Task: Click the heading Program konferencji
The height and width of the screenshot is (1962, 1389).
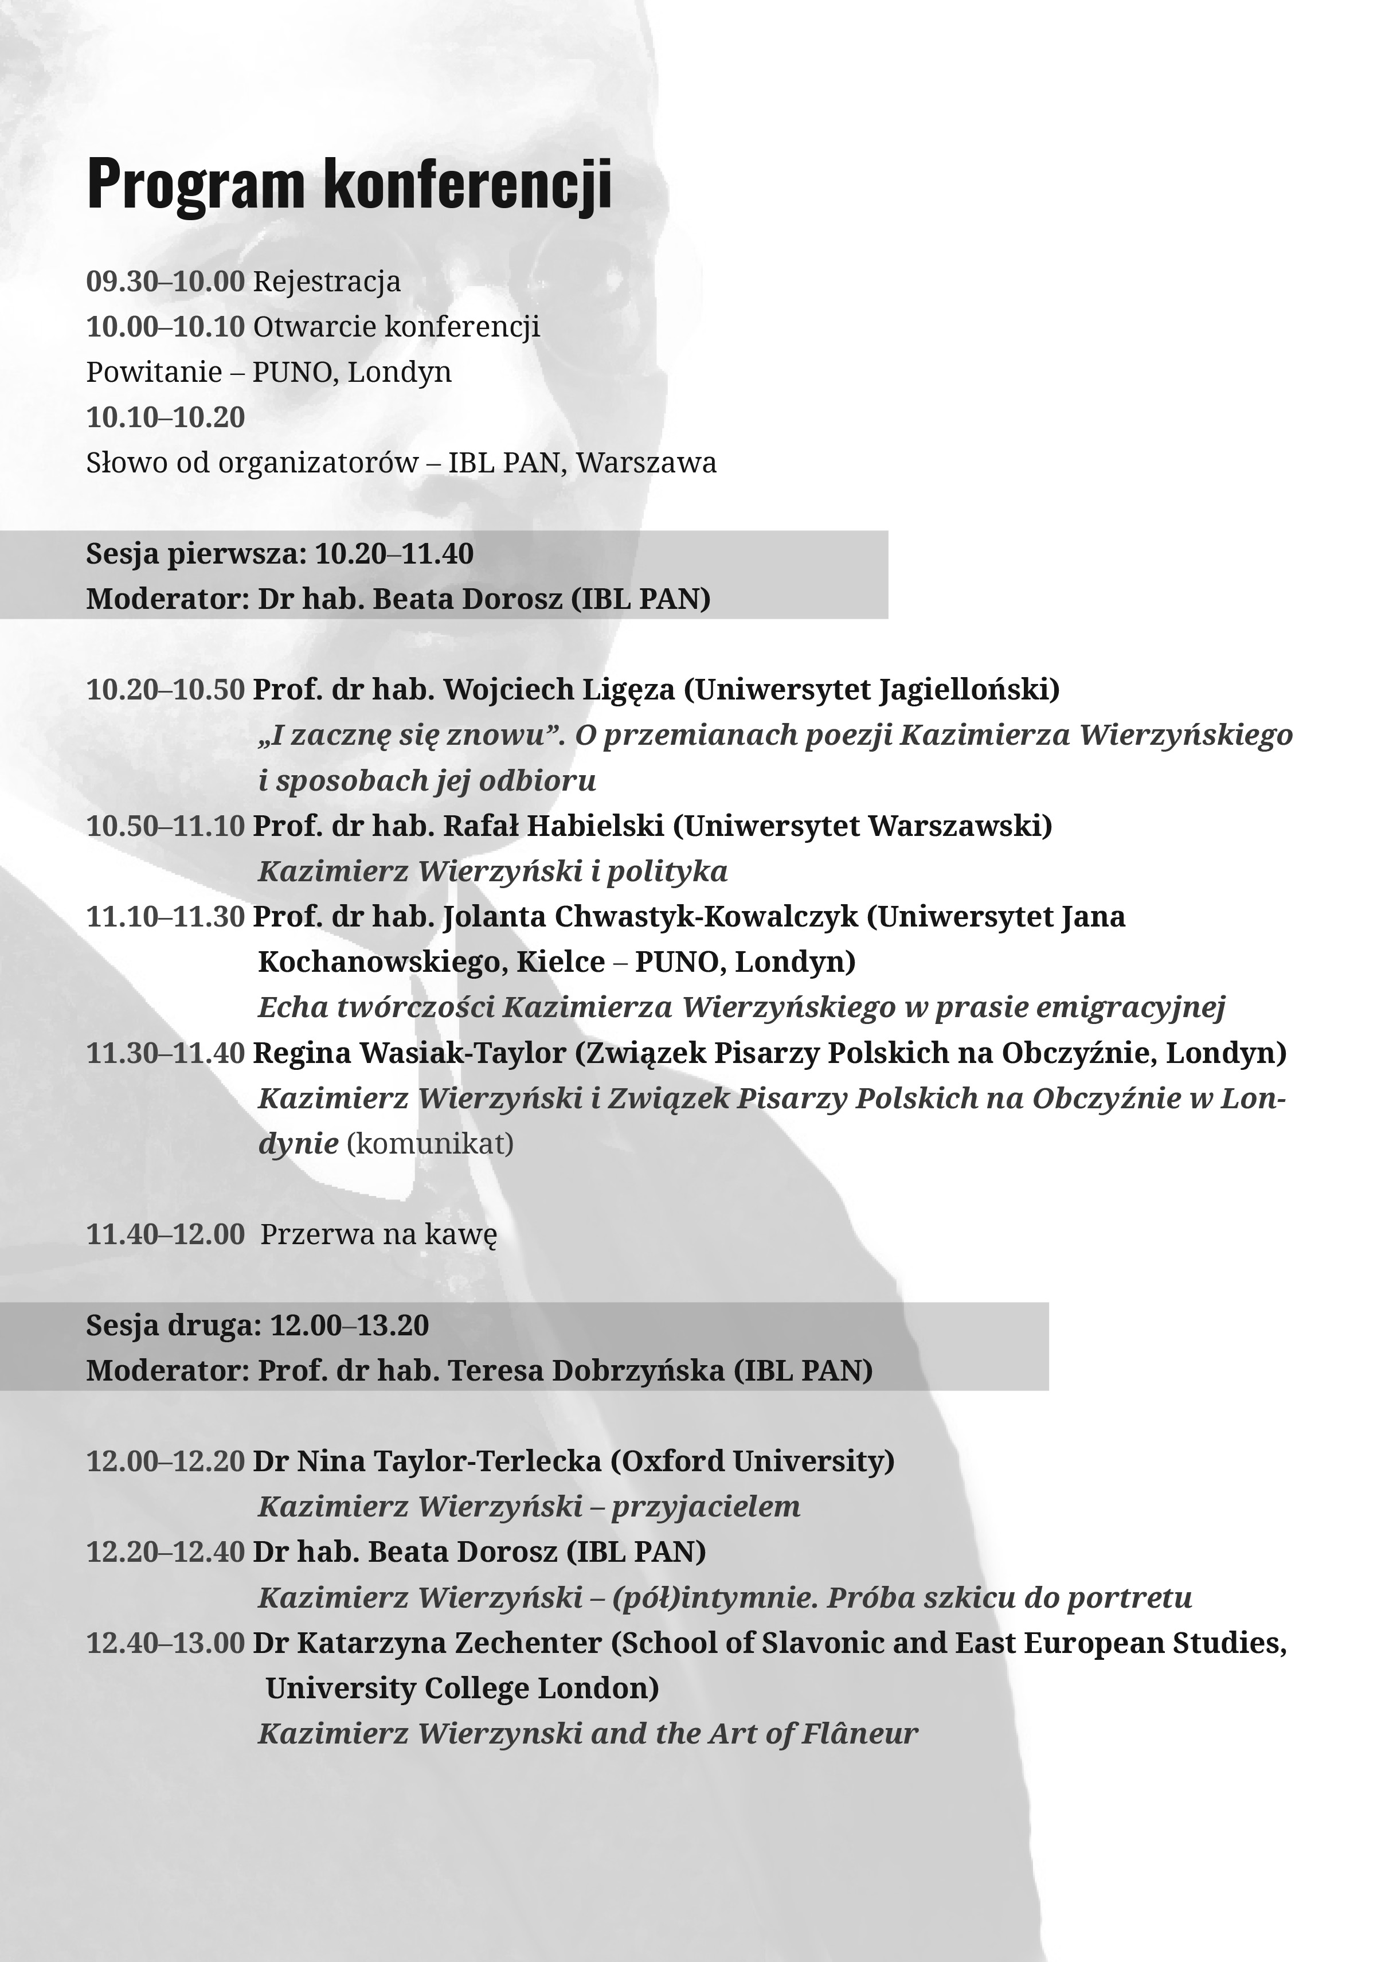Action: pos(349,184)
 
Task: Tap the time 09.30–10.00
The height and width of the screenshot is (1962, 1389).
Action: pos(165,282)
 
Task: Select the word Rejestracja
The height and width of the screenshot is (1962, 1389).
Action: pos(327,282)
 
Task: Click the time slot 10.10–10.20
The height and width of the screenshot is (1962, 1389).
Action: pos(165,417)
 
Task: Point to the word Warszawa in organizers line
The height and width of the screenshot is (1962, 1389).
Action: pos(645,463)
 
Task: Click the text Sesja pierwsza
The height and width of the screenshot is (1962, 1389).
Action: pos(195,553)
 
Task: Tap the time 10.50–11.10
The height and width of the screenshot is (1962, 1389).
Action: pos(165,826)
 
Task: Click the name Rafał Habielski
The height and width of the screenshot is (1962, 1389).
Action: pos(553,826)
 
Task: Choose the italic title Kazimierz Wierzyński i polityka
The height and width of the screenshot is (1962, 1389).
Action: pos(492,871)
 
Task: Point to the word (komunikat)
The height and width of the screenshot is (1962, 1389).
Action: pos(430,1143)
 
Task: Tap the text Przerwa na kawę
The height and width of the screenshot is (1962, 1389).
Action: pos(378,1234)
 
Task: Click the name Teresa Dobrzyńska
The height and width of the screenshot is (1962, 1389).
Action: pos(586,1370)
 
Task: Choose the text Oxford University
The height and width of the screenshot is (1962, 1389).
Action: pos(753,1461)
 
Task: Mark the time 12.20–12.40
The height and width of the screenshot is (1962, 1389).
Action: pos(165,1551)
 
